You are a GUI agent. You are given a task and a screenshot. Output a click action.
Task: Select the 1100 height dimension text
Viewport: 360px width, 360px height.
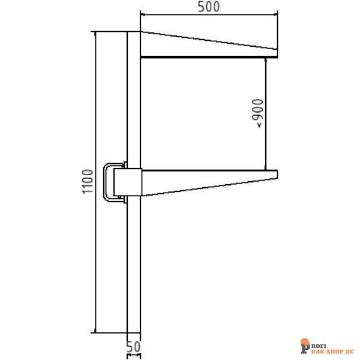[x=88, y=181]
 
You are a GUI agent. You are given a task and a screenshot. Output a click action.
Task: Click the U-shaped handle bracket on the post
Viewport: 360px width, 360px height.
[x=108, y=182]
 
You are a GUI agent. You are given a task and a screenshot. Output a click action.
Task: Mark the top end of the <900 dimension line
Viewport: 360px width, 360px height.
[x=266, y=58]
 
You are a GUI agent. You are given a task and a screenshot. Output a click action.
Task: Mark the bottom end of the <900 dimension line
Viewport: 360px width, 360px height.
[x=266, y=170]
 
